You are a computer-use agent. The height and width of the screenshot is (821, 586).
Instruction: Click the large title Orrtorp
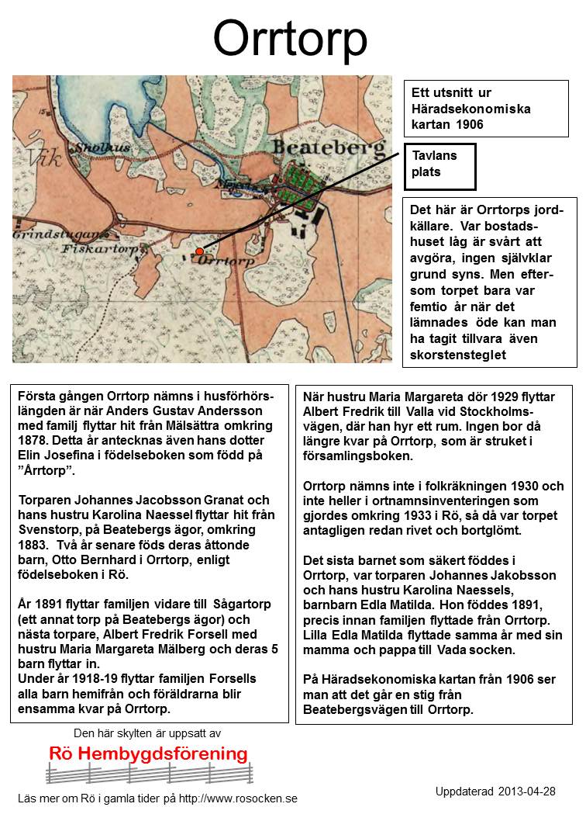click(291, 38)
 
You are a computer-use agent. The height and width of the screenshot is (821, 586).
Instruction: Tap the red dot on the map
click(199, 251)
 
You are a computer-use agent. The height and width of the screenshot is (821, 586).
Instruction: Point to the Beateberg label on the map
click(329, 147)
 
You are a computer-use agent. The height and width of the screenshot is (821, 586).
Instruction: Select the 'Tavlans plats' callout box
click(439, 165)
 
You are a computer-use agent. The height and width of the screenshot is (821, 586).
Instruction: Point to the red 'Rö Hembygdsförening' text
click(148, 753)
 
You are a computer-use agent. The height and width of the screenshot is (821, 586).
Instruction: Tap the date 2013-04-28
click(527, 792)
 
